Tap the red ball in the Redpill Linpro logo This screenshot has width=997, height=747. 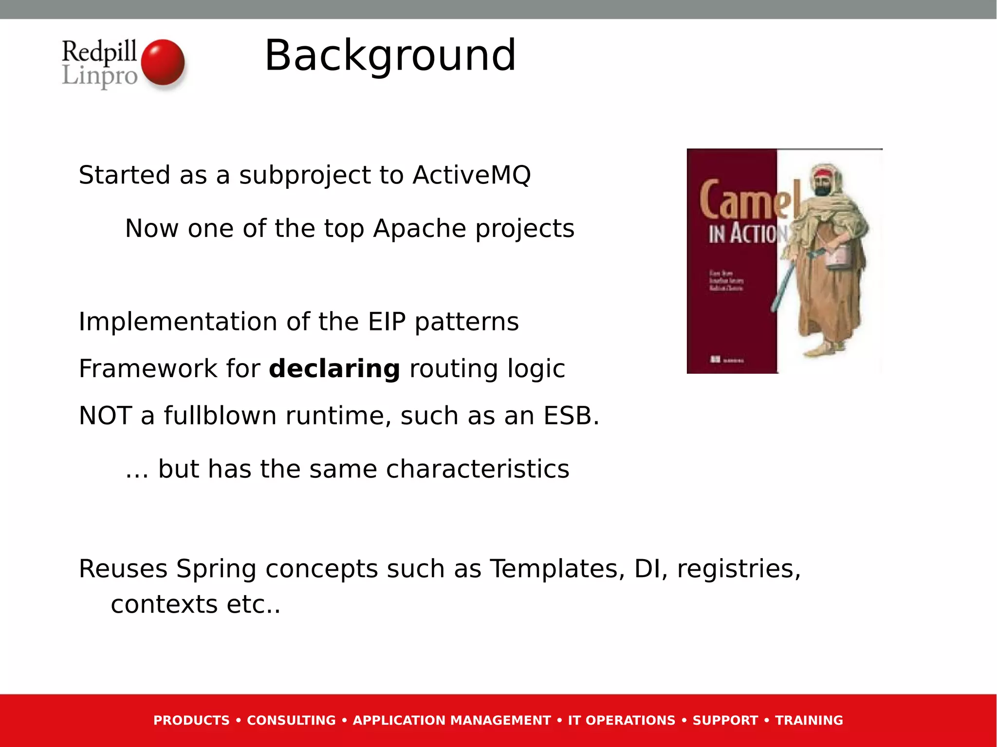(x=163, y=62)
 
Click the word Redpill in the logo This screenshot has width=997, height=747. (x=99, y=51)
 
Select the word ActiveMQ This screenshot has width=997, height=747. (x=471, y=175)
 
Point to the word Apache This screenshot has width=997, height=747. (x=419, y=228)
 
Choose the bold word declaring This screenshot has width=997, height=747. (x=334, y=368)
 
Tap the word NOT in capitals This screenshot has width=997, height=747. (x=105, y=416)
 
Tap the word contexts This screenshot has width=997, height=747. (x=164, y=604)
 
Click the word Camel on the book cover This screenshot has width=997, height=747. (x=750, y=200)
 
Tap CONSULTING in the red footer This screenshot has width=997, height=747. (x=291, y=720)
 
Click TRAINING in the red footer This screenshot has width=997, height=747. (x=809, y=720)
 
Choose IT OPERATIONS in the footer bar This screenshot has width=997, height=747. (x=621, y=720)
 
